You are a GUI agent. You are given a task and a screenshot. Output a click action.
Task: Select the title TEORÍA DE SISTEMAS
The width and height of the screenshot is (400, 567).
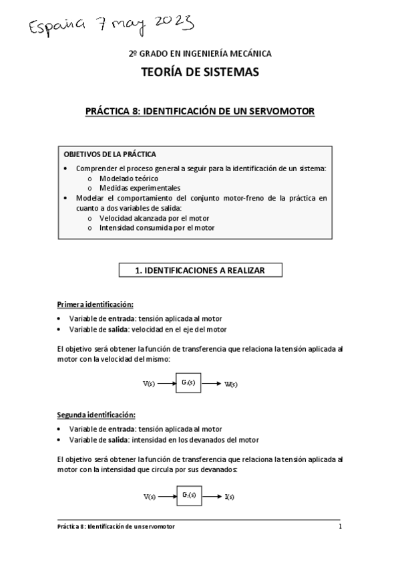click(x=200, y=72)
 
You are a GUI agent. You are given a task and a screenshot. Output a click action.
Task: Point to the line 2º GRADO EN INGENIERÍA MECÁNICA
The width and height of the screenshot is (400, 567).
click(x=200, y=53)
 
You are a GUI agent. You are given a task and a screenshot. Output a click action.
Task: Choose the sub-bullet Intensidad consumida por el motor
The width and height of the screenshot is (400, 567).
click(x=157, y=228)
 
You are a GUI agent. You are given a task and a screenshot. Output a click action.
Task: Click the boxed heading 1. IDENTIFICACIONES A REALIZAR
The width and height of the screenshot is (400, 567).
click(x=200, y=270)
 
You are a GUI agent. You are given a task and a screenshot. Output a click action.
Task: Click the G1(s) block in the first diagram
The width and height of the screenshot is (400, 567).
click(x=188, y=382)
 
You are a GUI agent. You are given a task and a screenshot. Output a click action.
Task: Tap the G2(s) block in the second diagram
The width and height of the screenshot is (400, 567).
click(x=188, y=495)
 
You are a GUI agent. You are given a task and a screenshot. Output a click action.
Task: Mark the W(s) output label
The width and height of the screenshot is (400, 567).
click(x=231, y=384)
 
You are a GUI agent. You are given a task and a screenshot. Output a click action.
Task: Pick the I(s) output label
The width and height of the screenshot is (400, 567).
click(x=229, y=497)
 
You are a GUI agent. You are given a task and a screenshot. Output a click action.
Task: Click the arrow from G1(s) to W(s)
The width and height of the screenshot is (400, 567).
click(x=211, y=383)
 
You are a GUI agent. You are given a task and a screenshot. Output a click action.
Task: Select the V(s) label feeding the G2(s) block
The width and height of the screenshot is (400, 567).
click(x=150, y=497)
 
